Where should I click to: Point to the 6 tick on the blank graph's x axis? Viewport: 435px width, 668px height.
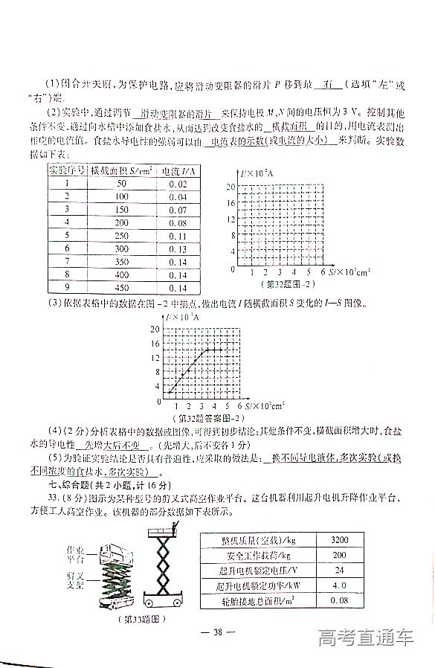324,273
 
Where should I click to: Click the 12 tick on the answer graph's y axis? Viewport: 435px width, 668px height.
155,358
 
